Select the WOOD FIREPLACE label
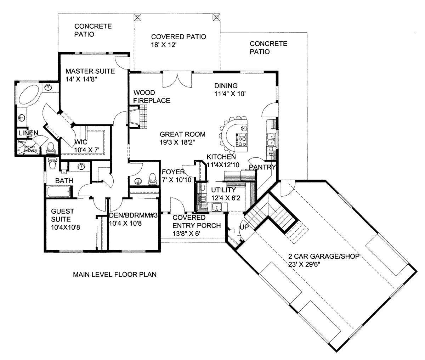152,96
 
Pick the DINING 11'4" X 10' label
230,90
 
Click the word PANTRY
262,167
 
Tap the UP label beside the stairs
244,227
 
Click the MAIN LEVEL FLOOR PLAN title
115,274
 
